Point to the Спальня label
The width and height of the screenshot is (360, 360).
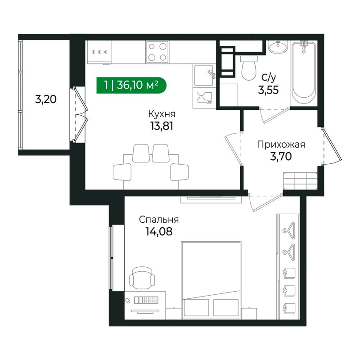[x=159, y=220]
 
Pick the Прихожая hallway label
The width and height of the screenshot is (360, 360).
[x=281, y=144]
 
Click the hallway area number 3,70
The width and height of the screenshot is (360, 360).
[x=281, y=156]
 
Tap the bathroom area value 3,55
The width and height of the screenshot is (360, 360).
[x=268, y=89]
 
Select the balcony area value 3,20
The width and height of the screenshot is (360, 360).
[x=45, y=99]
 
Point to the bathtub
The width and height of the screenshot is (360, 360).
[x=303, y=74]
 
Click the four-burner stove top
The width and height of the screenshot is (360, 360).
[x=157, y=51]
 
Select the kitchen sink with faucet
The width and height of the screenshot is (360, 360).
[x=205, y=75]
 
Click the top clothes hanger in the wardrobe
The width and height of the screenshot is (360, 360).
[x=288, y=229]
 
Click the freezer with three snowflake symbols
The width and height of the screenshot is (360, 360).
[x=99, y=51]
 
